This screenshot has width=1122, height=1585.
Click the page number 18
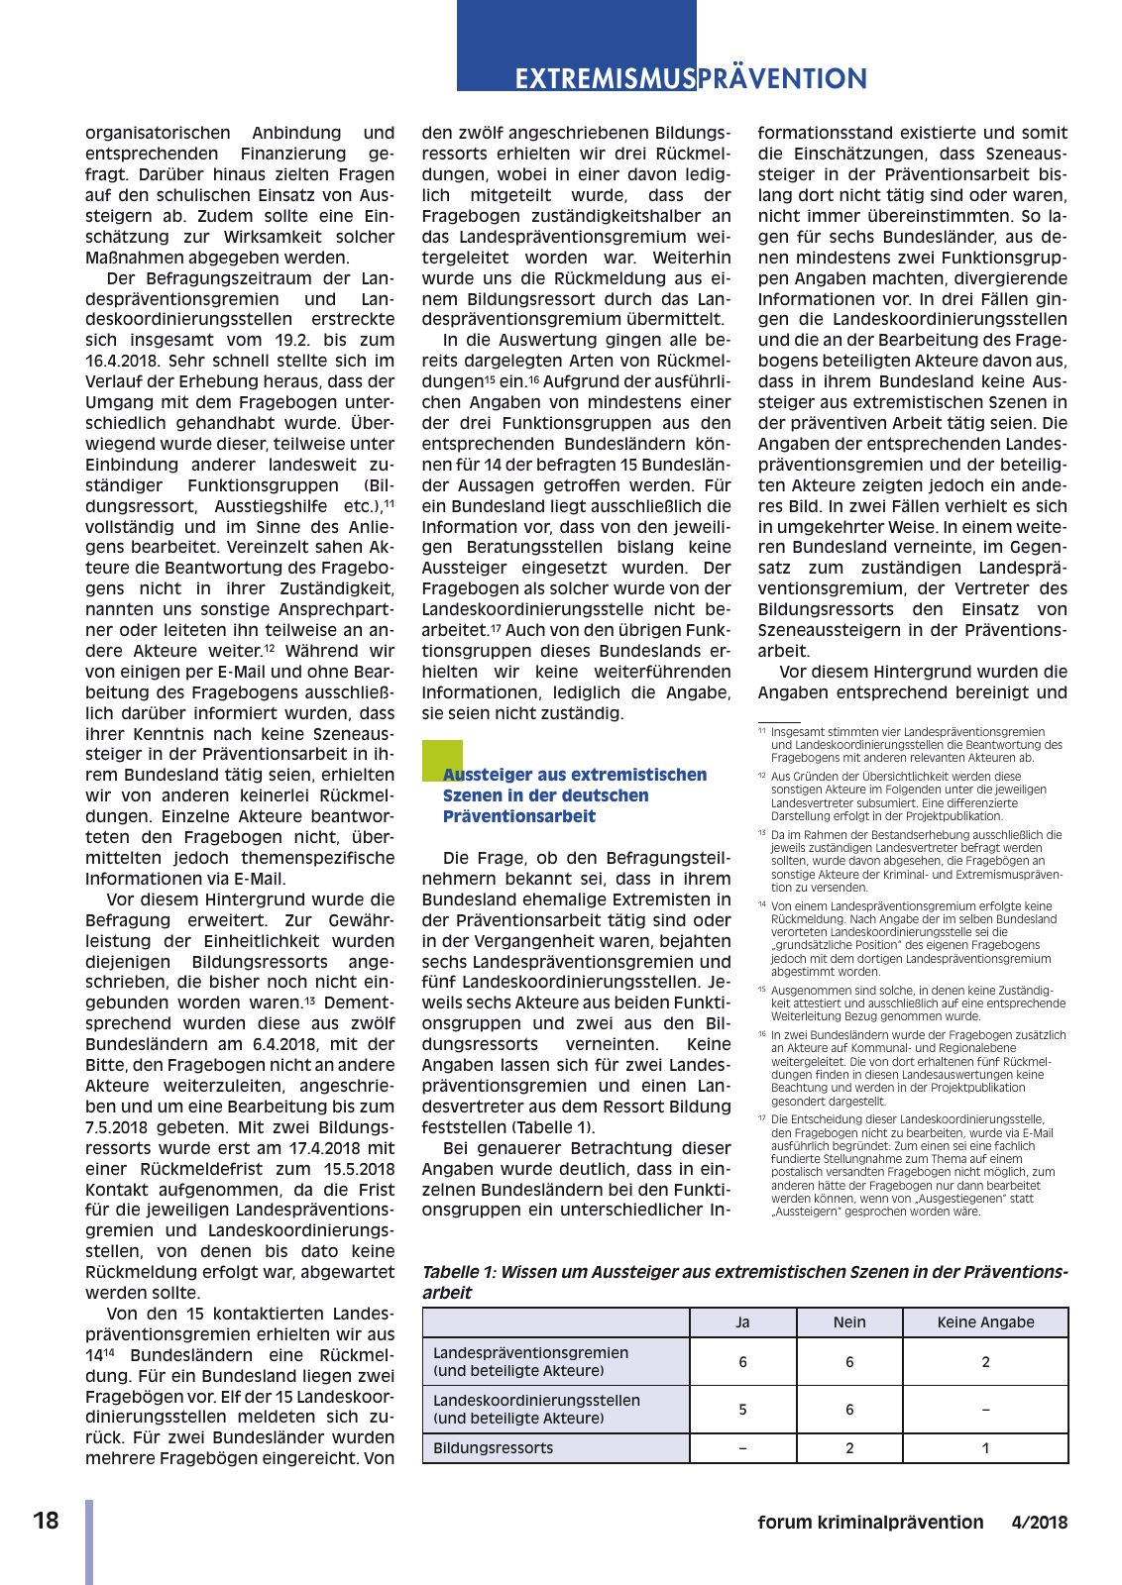tap(46, 1521)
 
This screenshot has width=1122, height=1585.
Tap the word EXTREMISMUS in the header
tap(604, 79)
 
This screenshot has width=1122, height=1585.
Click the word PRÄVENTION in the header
tap(782, 79)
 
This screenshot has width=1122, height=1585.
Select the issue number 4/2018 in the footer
tap(1040, 1523)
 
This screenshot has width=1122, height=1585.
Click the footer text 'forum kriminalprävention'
tap(870, 1523)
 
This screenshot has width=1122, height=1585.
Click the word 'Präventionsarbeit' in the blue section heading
tap(519, 816)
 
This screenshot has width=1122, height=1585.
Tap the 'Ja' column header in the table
tap(742, 1322)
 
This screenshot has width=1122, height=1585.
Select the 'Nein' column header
tap(849, 1322)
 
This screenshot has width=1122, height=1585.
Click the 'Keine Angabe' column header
tap(985, 1322)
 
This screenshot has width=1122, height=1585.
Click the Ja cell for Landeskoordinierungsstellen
tap(742, 1410)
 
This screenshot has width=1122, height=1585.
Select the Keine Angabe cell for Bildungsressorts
tap(985, 1448)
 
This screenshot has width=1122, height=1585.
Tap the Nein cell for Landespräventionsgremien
tap(849, 1362)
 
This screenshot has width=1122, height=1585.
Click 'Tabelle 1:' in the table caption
tap(459, 1272)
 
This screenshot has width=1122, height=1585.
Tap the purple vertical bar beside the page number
tap(89, 1541)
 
